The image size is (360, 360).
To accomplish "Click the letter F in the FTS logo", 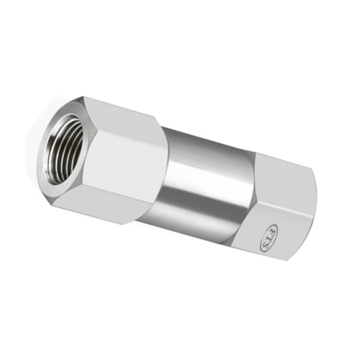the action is coord(272,232).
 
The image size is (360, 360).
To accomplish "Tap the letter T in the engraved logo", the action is coord(269,238).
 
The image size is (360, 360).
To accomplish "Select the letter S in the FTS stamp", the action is coord(266,245).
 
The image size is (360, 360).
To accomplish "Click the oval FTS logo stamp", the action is coord(269,238).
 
